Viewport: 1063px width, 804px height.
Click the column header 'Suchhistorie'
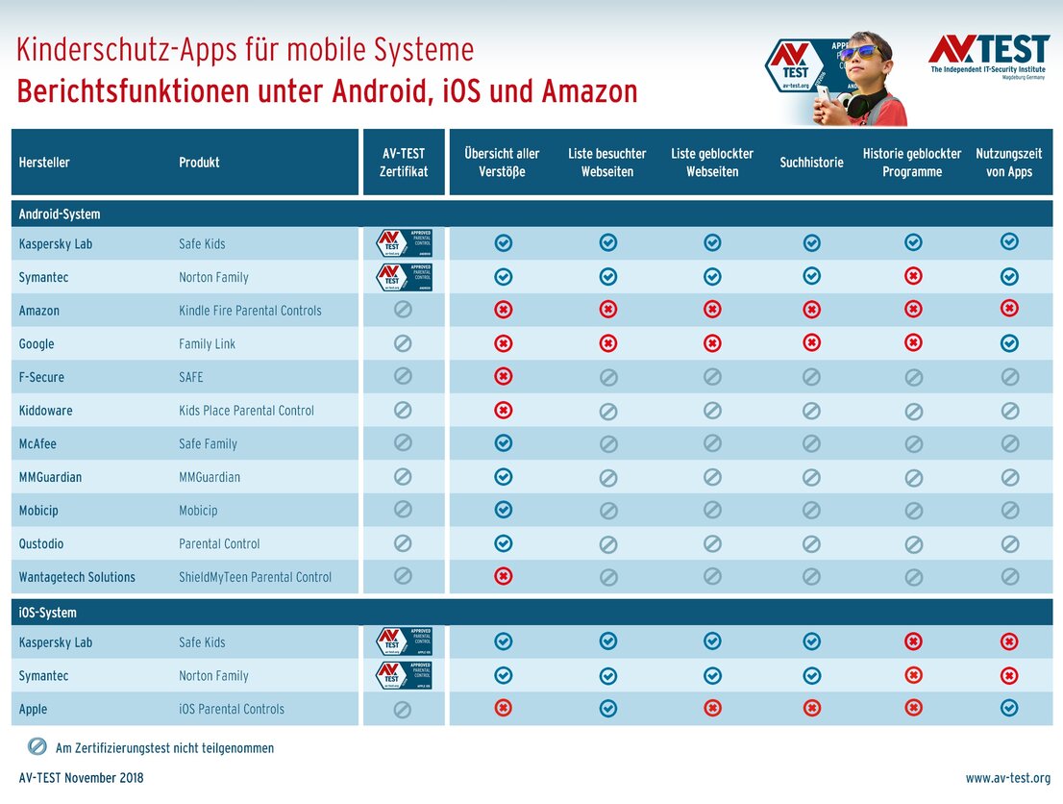point(811,163)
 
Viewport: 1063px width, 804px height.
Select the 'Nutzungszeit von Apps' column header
point(1008,163)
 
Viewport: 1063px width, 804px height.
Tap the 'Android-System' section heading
point(60,214)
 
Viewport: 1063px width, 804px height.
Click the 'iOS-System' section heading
point(48,613)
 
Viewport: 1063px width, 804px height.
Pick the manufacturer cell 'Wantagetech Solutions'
point(77,577)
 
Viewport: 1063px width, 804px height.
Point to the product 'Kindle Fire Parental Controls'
point(250,311)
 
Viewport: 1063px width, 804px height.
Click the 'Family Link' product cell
point(207,344)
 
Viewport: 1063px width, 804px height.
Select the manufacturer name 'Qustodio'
point(41,543)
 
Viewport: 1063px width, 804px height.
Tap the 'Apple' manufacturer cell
point(33,709)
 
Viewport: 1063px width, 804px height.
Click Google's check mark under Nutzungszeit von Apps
point(1009,343)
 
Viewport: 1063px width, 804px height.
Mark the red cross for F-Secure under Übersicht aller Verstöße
point(503,376)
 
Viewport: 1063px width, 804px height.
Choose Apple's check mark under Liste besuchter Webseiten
point(607,709)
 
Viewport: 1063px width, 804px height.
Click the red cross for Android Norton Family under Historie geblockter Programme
point(913,277)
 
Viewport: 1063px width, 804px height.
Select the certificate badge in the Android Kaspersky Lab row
point(404,243)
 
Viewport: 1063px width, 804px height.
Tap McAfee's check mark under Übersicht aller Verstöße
point(503,443)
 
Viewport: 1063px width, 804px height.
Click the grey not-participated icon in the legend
point(37,746)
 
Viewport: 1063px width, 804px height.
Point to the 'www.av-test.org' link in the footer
point(1007,777)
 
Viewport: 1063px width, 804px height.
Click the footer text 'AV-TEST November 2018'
point(81,777)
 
